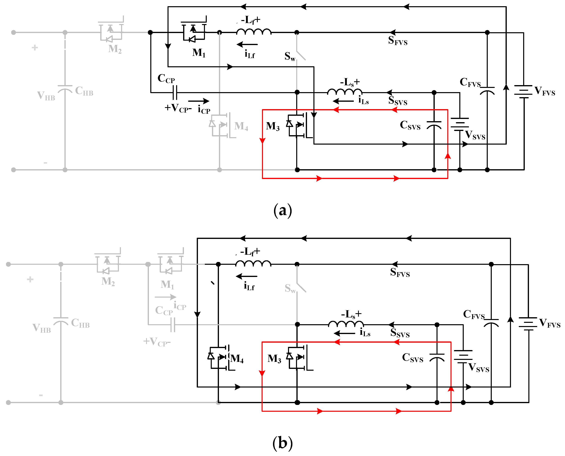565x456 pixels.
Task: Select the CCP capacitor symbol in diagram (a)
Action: tap(175, 93)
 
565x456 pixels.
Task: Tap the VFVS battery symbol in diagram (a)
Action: tap(524, 92)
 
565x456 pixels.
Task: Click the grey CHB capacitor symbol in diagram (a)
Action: tap(65, 89)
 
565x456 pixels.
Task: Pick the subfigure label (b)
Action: tap(283, 443)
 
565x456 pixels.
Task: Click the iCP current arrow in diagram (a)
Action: tap(199, 101)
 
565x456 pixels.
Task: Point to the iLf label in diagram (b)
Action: tap(249, 286)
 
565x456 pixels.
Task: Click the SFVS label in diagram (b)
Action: tap(400, 272)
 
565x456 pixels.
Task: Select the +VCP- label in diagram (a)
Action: tap(178, 108)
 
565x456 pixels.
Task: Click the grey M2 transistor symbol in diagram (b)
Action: tap(107, 264)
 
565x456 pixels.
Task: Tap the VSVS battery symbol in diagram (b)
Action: tap(463, 356)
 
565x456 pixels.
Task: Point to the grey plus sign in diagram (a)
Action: tap(35, 47)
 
